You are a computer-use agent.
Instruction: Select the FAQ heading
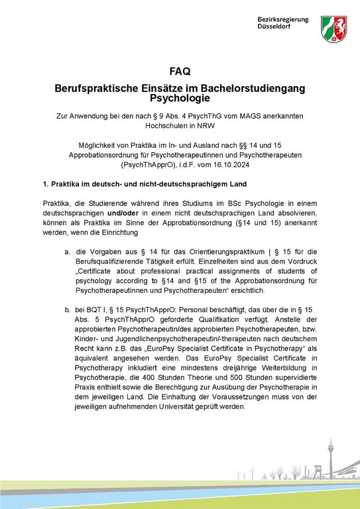pos(180,72)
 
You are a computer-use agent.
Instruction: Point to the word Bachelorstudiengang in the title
pos(253,87)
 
